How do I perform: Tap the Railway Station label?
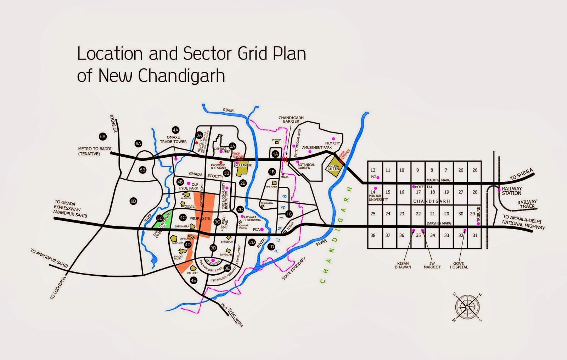click(x=511, y=191)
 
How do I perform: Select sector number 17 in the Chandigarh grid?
click(x=418, y=192)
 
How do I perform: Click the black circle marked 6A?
click(x=103, y=136)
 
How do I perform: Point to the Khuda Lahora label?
click(x=334, y=168)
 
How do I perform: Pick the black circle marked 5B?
click(x=142, y=170)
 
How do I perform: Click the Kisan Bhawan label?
click(x=403, y=265)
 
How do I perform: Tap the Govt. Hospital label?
click(x=459, y=265)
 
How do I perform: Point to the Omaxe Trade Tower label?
click(x=173, y=140)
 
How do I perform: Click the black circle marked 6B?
click(x=133, y=201)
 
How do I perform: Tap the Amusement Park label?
click(x=317, y=147)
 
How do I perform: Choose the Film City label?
click(x=332, y=143)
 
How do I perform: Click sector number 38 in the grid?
click(x=373, y=235)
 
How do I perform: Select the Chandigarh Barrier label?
click(x=291, y=120)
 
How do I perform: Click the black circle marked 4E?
click(x=193, y=280)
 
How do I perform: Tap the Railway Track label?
click(x=527, y=204)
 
